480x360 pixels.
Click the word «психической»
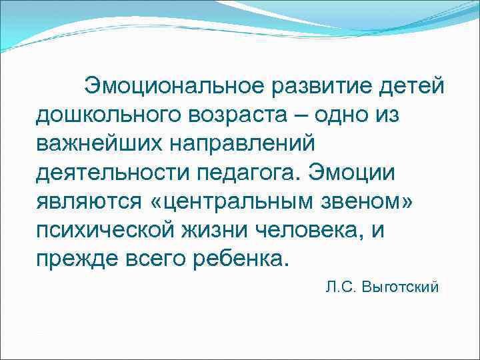105,230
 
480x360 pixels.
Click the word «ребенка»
237,259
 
